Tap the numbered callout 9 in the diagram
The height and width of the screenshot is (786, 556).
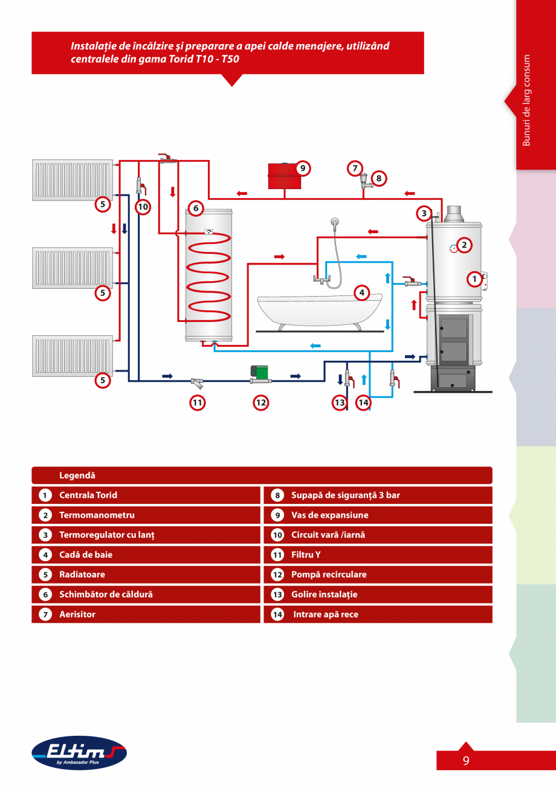(303, 169)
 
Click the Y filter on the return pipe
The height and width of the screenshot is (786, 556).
(197, 381)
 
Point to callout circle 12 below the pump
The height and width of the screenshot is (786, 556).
(260, 402)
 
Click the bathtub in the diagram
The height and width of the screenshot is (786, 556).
(320, 309)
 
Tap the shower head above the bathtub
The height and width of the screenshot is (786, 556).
(332, 222)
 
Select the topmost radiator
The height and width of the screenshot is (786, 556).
(73, 179)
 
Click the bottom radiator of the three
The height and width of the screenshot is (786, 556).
(73, 356)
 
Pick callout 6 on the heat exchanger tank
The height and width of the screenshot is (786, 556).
(195, 208)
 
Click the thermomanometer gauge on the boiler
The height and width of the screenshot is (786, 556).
(453, 246)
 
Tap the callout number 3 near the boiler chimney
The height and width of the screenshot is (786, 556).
(424, 213)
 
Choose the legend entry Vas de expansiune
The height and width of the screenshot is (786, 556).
(329, 515)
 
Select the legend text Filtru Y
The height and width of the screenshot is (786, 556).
(305, 555)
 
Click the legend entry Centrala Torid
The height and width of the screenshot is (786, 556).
(88, 495)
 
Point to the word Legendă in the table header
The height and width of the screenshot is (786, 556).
(77, 475)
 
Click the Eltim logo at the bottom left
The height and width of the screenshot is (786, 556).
(79, 752)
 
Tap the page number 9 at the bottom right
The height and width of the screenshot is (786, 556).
(466, 761)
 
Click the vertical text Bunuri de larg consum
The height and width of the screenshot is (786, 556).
(526, 100)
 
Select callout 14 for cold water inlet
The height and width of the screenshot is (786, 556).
(363, 402)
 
